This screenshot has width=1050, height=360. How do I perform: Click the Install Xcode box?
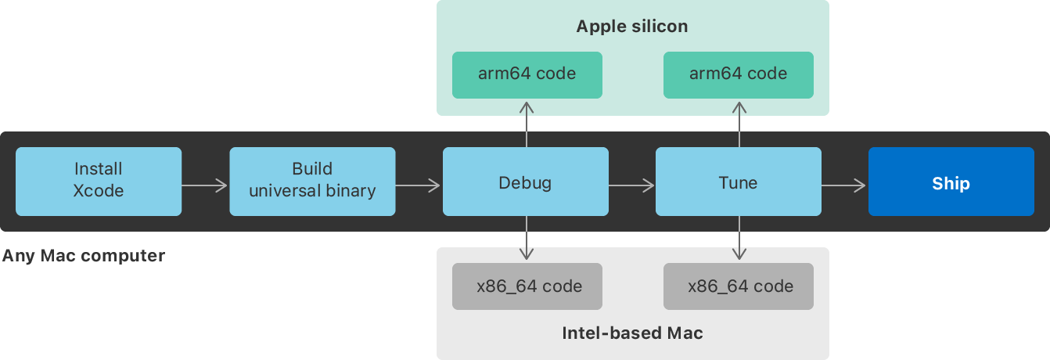click(99, 181)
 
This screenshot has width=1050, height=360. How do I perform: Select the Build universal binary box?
click(312, 181)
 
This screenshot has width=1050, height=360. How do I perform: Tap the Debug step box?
click(525, 182)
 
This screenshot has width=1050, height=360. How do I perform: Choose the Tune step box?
click(738, 182)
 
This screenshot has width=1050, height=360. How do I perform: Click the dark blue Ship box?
click(951, 182)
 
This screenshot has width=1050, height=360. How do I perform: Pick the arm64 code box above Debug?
click(527, 74)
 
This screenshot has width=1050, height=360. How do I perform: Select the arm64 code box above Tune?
click(738, 74)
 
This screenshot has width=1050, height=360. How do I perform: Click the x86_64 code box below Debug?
click(527, 286)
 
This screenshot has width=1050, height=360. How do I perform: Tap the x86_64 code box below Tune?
click(738, 286)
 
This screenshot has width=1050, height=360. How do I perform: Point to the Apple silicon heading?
click(632, 27)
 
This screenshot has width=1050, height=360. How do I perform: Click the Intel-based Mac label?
click(632, 333)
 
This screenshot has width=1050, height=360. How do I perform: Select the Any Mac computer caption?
click(83, 256)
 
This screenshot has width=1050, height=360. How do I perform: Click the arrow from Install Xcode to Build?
click(205, 185)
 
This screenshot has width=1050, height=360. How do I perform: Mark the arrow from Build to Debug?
click(419, 185)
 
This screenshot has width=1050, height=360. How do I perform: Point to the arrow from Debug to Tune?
click(631, 185)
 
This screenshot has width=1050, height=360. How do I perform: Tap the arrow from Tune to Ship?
click(844, 185)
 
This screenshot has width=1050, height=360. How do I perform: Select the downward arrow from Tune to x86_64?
click(739, 238)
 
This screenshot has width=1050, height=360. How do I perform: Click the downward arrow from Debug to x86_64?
click(527, 238)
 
